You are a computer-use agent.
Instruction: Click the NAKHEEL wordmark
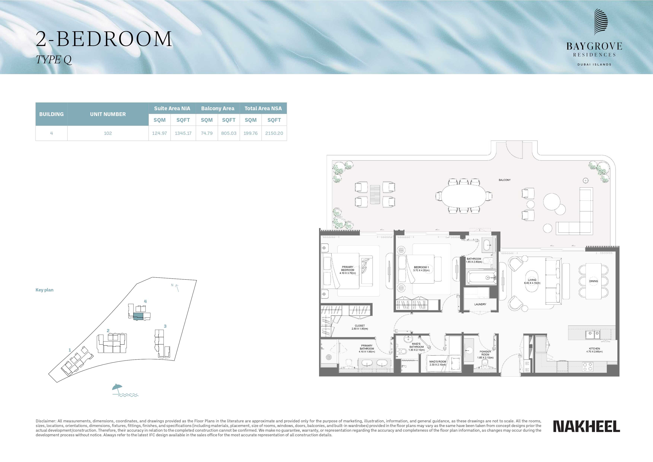pyautogui.click(x=586, y=426)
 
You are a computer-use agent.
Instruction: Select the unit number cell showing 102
pyautogui.click(x=108, y=133)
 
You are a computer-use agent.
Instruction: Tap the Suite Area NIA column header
pyautogui.click(x=172, y=108)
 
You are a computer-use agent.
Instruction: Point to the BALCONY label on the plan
pyautogui.click(x=504, y=180)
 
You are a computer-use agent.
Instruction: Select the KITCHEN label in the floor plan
pyautogui.click(x=594, y=348)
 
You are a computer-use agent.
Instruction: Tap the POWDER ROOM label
pyautogui.click(x=485, y=353)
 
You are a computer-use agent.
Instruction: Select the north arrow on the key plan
pyautogui.click(x=177, y=288)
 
